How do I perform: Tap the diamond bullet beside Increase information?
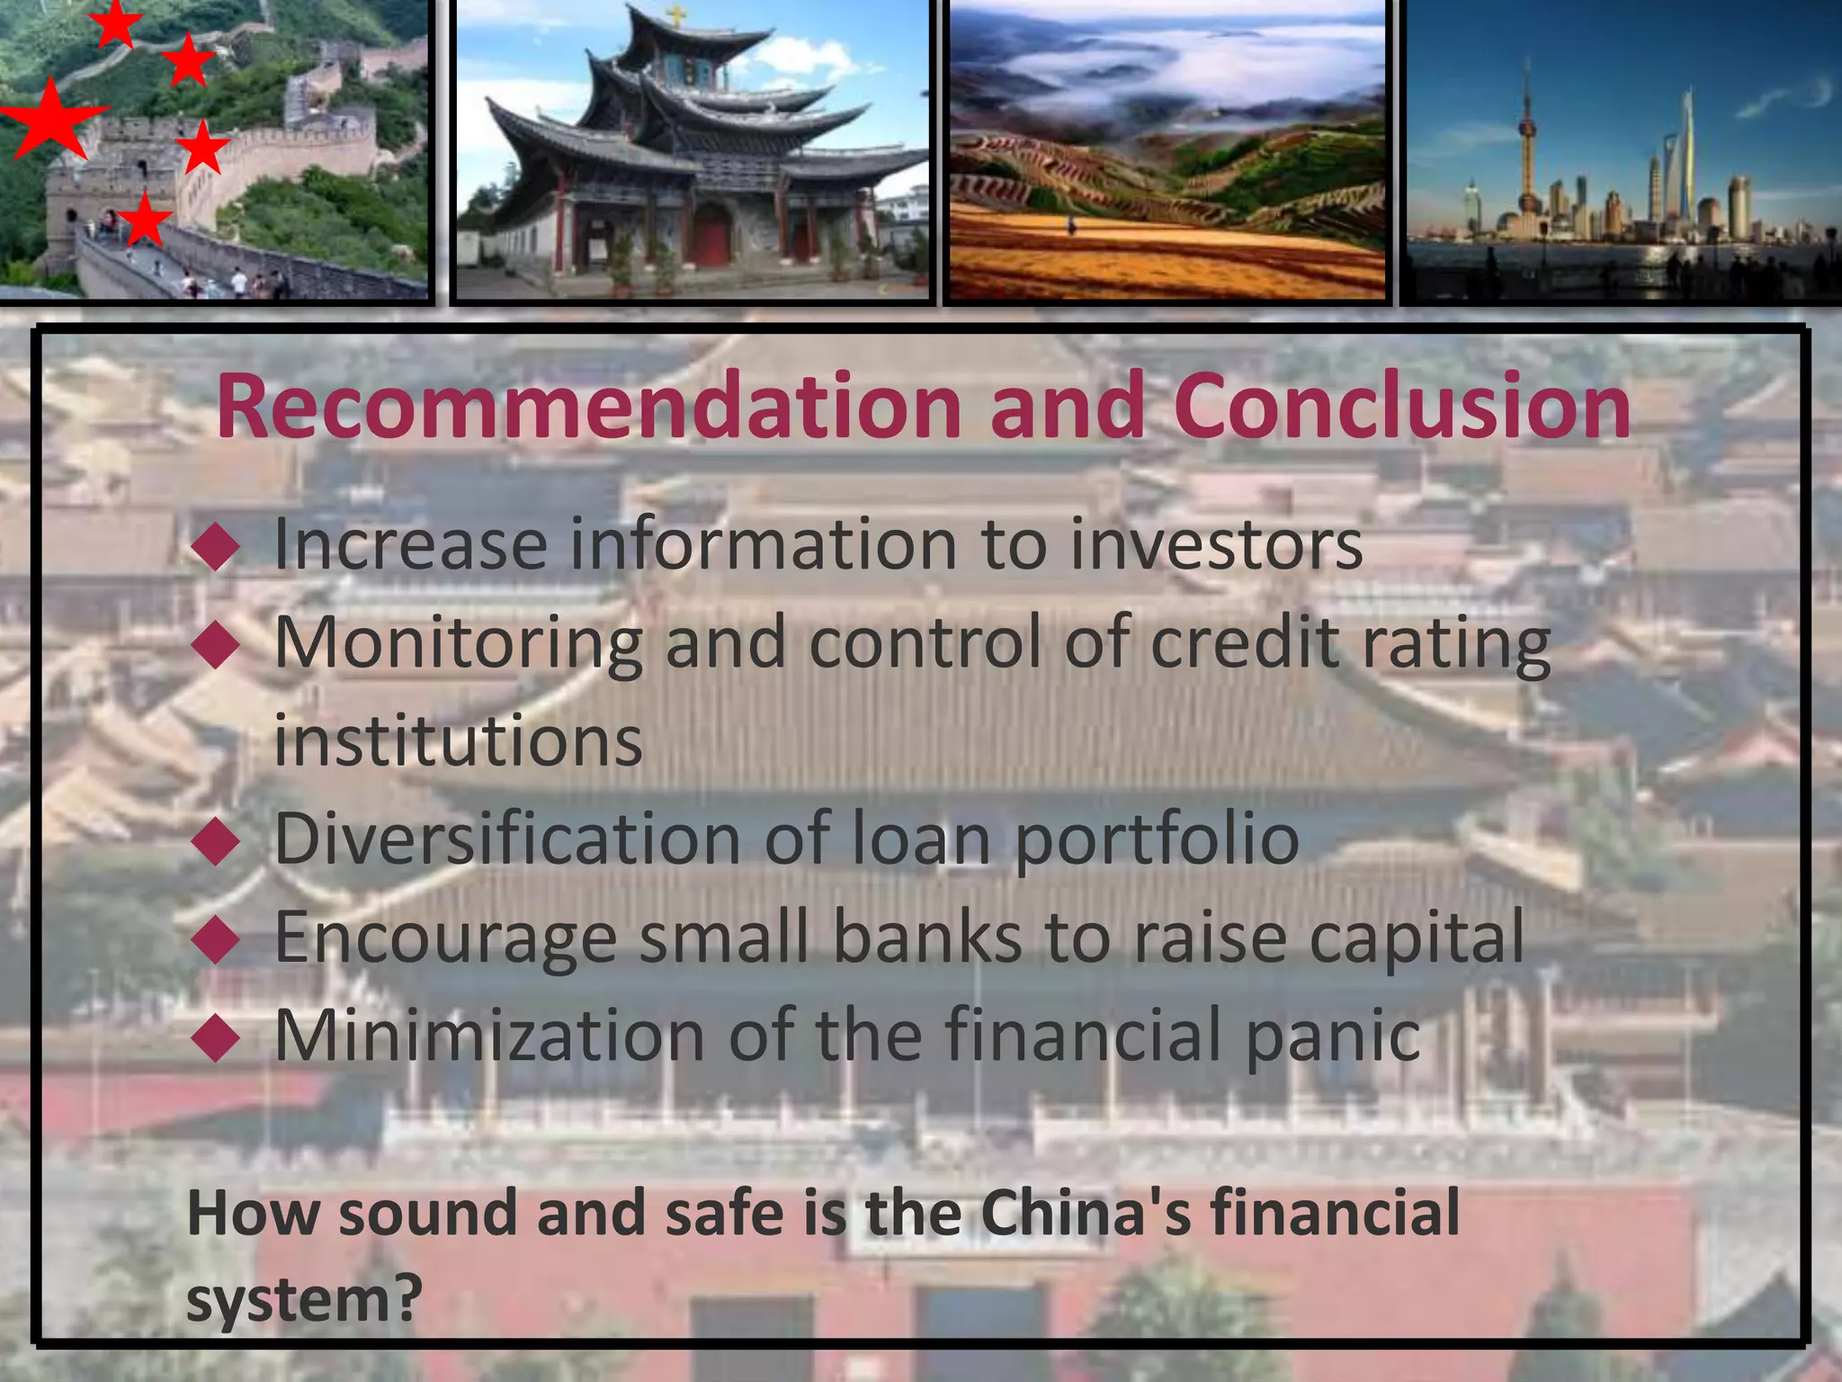[217, 547]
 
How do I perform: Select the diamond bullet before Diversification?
[217, 841]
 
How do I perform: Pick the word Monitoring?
[458, 644]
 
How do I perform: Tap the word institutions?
[458, 740]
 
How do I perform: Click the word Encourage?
[445, 938]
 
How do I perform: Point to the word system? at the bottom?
[304, 1300]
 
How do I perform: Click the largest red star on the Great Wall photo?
[50, 118]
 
